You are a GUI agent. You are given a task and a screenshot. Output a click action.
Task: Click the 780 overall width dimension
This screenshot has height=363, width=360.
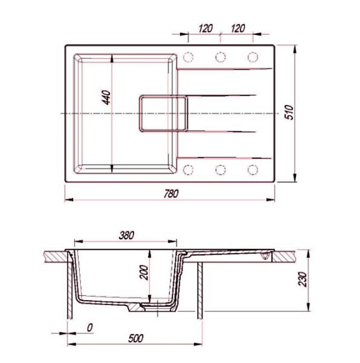click(171, 194)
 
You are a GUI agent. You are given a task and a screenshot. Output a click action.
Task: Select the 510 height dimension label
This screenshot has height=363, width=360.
click(289, 113)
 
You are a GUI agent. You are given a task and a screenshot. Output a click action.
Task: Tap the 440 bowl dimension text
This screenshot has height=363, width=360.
click(106, 97)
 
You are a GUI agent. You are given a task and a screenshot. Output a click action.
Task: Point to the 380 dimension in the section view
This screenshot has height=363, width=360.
click(126, 235)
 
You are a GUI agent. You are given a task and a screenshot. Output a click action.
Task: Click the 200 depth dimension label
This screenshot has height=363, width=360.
click(144, 272)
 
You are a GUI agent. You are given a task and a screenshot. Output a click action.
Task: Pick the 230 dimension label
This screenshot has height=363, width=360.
click(302, 279)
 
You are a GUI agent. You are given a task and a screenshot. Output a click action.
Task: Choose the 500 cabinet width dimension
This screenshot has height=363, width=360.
click(136, 338)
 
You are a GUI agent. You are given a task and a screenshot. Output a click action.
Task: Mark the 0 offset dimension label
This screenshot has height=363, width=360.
click(90, 327)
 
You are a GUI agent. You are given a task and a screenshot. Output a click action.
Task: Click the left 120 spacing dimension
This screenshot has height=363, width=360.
click(205, 28)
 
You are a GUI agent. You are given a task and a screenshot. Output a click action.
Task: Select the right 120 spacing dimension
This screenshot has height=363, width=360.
click(238, 28)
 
